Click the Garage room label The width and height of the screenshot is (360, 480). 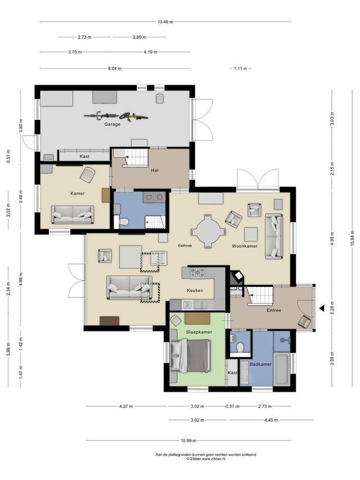112,124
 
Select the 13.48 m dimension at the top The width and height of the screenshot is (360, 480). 165,22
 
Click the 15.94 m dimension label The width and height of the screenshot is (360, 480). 352,236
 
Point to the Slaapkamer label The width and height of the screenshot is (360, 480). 199,332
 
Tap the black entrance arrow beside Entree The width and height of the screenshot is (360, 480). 322,308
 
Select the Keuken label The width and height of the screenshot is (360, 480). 195,290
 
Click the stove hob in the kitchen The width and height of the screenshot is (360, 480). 197,272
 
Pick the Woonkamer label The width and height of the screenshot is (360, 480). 245,246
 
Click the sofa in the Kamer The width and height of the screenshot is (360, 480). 73,214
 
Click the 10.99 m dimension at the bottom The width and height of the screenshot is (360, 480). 188,441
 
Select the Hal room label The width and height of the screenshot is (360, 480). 155,170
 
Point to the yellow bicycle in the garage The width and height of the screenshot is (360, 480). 134,116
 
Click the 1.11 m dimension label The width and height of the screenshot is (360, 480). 240,69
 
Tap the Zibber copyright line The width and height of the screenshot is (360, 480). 206,459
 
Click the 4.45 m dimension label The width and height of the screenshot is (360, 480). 271,420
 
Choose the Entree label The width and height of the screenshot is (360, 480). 274,310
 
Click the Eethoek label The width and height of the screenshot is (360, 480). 185,245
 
